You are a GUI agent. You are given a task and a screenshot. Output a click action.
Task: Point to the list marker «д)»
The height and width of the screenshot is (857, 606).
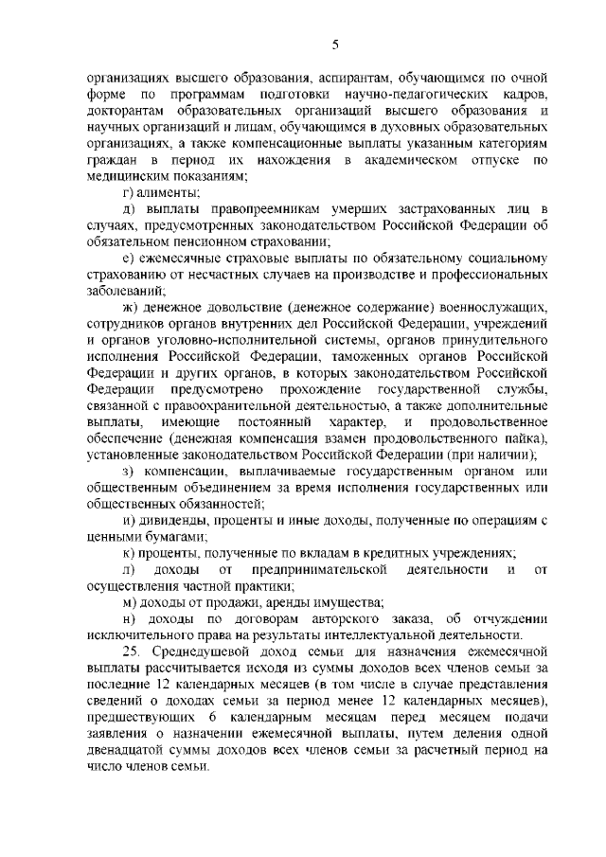(x=130, y=207)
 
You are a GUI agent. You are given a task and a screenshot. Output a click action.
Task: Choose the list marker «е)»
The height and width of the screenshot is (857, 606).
(x=129, y=258)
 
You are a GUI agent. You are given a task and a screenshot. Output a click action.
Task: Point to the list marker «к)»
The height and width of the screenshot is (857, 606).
(x=129, y=553)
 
